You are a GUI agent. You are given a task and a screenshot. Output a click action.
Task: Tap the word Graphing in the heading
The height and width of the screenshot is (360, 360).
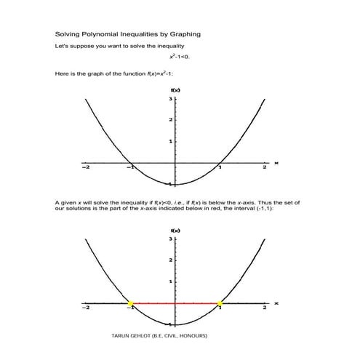click(x=183, y=34)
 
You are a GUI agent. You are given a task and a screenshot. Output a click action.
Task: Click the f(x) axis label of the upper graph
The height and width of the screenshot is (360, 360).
click(x=175, y=89)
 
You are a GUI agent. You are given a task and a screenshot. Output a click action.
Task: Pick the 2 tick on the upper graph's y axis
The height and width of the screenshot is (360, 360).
click(x=170, y=119)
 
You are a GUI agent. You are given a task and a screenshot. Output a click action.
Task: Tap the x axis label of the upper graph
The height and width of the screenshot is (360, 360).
click(x=276, y=163)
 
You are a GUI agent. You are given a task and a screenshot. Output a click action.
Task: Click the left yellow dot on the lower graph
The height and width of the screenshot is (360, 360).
click(x=130, y=303)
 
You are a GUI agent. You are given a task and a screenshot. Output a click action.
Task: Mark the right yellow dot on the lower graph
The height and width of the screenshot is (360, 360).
click(x=220, y=303)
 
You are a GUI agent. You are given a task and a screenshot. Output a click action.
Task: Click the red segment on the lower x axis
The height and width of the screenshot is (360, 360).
click(x=175, y=303)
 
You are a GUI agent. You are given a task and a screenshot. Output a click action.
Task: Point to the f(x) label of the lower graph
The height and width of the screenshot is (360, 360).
click(x=175, y=230)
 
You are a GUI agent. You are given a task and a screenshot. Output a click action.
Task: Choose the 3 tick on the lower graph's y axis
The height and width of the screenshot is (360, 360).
click(x=170, y=239)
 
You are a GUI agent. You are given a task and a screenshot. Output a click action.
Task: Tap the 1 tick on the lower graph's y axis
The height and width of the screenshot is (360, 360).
click(x=170, y=281)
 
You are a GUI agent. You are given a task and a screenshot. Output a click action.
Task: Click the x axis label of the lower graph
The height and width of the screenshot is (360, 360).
click(x=276, y=303)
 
